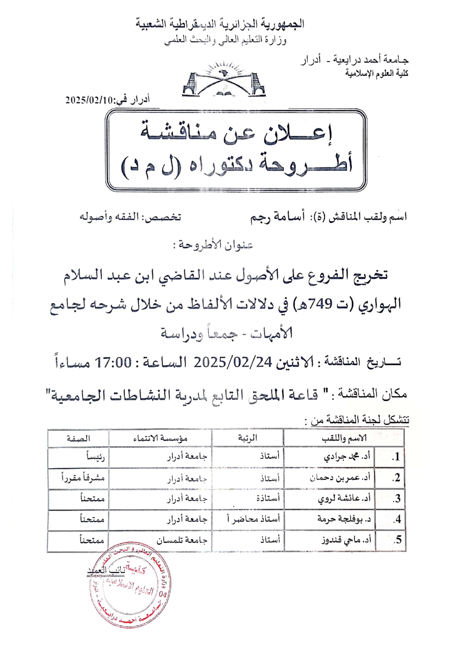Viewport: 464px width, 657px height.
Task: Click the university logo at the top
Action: click(x=224, y=81)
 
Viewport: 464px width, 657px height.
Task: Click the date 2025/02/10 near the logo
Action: click(x=89, y=100)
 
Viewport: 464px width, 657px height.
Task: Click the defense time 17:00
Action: click(x=113, y=362)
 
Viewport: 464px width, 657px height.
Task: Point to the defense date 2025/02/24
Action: click(x=232, y=362)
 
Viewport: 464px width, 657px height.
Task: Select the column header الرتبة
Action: click(x=247, y=438)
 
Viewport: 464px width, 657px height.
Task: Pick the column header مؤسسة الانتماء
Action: click(x=160, y=438)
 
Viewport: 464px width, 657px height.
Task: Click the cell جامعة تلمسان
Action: click(x=182, y=540)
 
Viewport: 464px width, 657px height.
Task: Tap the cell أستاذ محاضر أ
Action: click(x=253, y=519)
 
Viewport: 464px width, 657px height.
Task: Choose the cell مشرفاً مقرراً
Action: click(x=83, y=478)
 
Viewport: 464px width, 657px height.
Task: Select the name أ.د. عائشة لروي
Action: click(x=344, y=498)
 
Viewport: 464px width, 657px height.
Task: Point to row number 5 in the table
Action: click(x=398, y=540)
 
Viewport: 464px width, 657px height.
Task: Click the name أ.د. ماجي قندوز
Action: click(x=346, y=540)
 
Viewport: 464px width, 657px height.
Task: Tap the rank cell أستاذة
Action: click(x=268, y=498)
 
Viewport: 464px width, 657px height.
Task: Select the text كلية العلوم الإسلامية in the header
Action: click(x=376, y=73)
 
